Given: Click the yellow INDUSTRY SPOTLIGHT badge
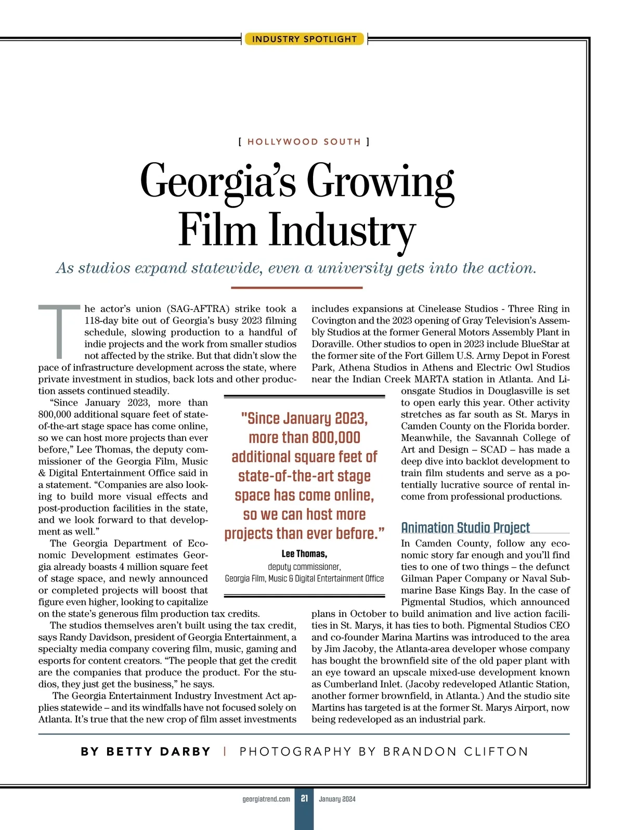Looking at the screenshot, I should tap(304, 39).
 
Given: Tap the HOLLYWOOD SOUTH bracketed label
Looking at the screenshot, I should tap(304, 141).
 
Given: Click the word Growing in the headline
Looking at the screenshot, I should tap(380, 181).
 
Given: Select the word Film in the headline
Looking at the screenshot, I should tap(217, 230).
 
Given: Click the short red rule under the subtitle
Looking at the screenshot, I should tap(296, 288).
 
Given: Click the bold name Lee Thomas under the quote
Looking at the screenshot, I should tap(304, 554).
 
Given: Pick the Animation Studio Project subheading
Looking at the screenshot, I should tap(465, 528).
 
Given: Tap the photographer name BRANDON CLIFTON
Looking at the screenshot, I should tap(456, 751).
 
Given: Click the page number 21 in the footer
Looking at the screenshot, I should tap(304, 798).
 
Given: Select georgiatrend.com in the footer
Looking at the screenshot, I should tap(266, 799).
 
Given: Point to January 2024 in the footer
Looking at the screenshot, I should tap(337, 799).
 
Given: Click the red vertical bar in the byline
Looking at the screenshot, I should tap(225, 751).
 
